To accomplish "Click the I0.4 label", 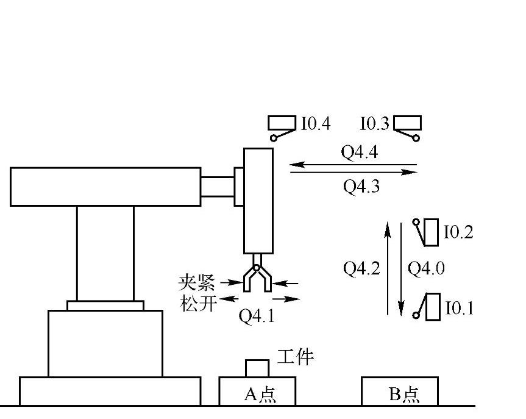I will [x=316, y=124].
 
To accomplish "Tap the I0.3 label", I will [x=374, y=124].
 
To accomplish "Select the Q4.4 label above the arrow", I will [x=359, y=152].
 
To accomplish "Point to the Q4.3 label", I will [x=361, y=187].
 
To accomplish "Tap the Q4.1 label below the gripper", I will [x=257, y=317].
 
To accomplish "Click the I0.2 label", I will [x=458, y=232].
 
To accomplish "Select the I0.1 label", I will [x=458, y=308].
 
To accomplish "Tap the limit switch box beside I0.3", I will [x=407, y=123].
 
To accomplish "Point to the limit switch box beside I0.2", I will [x=432, y=232].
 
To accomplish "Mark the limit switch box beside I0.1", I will [x=433, y=307].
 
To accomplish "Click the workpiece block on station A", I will [x=257, y=368].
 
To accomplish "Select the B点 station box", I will [x=399, y=391].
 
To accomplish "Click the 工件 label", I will [x=296, y=357].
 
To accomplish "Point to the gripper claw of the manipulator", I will [x=257, y=278].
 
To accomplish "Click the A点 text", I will [x=260, y=395].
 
